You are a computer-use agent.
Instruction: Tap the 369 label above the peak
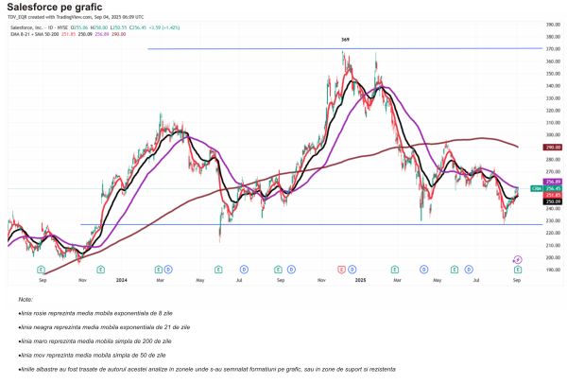(x=346, y=41)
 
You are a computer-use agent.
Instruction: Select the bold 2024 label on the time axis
(x=121, y=280)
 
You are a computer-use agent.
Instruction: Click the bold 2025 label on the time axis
(x=359, y=280)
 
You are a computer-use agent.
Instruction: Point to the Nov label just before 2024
(x=82, y=280)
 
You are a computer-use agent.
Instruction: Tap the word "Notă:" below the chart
(x=25, y=299)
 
